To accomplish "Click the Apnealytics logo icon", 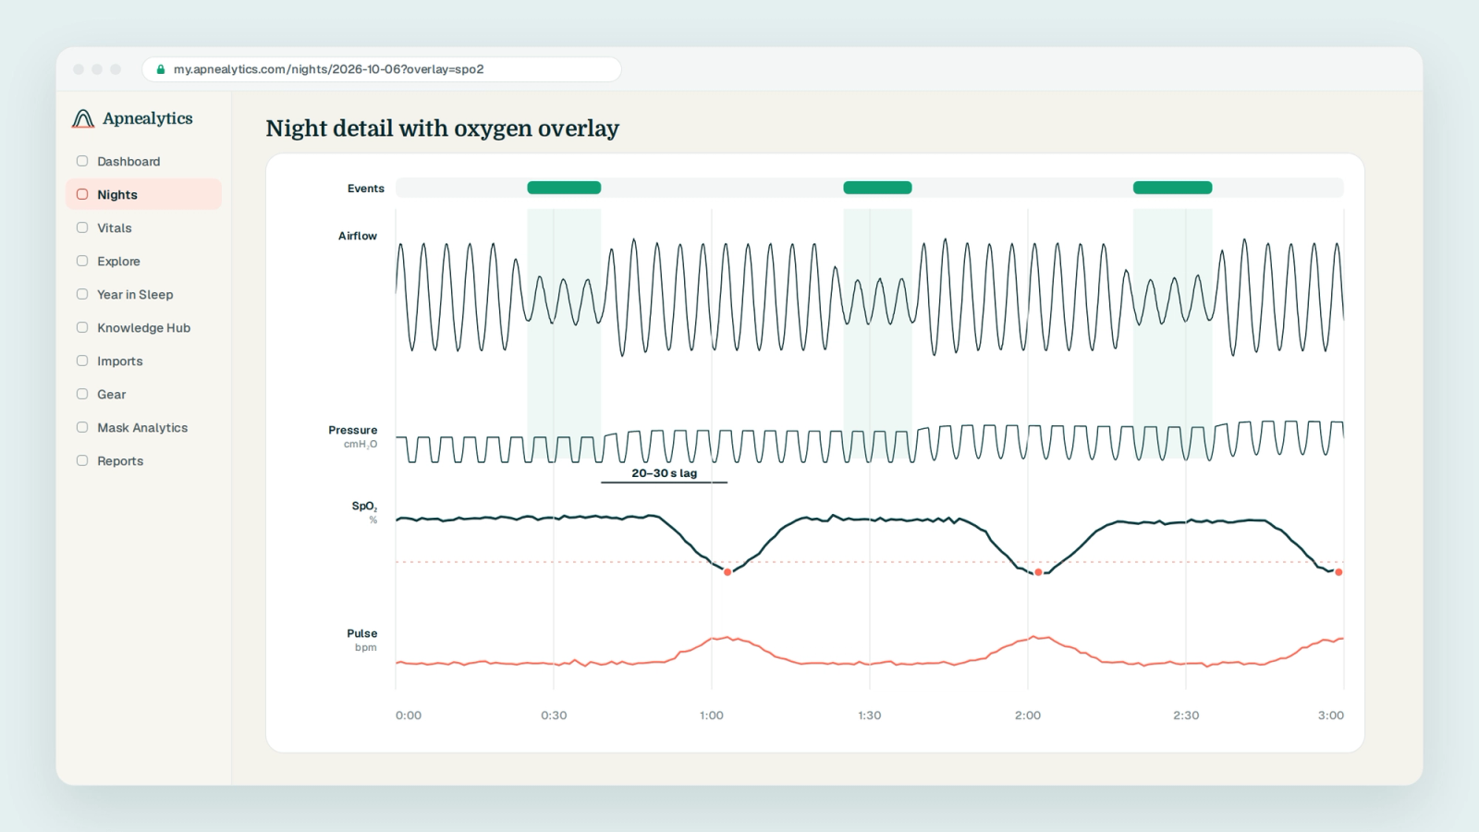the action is coord(83,118).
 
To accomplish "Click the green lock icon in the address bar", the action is coord(161,69).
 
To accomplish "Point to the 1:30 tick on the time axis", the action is coord(870,716).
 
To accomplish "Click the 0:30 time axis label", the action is coord(554,716).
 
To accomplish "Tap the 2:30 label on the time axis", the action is coord(1186,716).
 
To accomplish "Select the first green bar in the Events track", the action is coord(564,188).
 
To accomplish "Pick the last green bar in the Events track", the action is coord(1173,188).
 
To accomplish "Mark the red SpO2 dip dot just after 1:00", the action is coord(727,572).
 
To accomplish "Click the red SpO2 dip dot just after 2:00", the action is coord(1039,572).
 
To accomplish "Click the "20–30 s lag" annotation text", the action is coord(665,472).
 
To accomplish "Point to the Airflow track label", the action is coord(357,236).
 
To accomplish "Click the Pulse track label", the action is coord(361,633).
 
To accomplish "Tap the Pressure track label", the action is coord(352,430).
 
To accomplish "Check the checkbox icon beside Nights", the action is coord(82,194).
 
